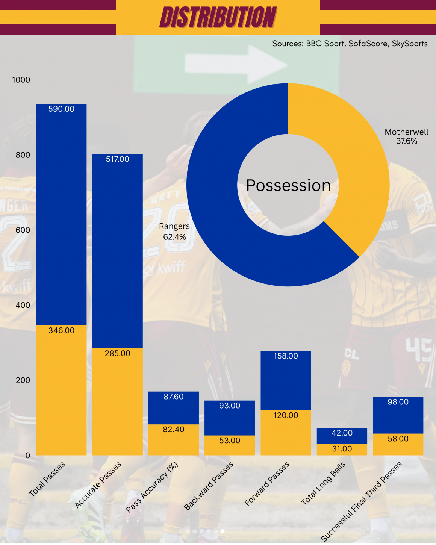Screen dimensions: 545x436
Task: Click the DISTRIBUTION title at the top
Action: tap(218, 17)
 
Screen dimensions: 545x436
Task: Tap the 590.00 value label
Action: tap(61, 109)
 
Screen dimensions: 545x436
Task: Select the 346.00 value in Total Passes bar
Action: tap(61, 330)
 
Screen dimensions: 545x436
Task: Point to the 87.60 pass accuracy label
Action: tap(174, 397)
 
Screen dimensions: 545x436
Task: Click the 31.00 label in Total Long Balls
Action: tap(342, 449)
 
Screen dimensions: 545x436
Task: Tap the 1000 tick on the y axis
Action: tap(21, 80)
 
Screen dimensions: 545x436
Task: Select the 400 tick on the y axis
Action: tap(23, 305)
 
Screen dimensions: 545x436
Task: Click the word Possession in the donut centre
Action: tap(288, 185)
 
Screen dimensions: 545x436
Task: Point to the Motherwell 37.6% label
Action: tap(406, 136)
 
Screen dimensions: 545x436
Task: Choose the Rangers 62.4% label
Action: tap(174, 232)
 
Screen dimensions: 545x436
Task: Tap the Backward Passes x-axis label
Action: tap(209, 486)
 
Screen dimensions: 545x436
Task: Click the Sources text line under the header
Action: tap(350, 44)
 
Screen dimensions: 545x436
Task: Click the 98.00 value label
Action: tap(398, 402)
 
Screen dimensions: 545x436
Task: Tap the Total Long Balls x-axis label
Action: tap(323, 484)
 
